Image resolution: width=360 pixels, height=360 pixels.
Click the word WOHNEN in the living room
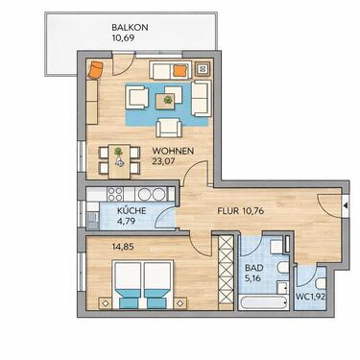[x=174, y=151]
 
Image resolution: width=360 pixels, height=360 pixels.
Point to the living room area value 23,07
[x=174, y=163]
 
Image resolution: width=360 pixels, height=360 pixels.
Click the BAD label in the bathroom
[x=254, y=270]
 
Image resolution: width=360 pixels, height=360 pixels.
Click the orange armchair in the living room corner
[x=96, y=69]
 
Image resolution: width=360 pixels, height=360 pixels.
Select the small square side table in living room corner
[x=202, y=69]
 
